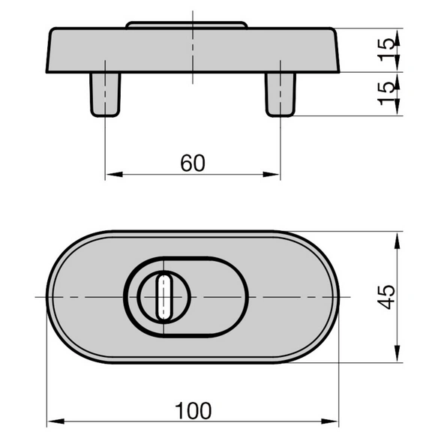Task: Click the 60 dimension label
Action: pyautogui.click(x=193, y=163)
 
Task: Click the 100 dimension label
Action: pyautogui.click(x=193, y=411)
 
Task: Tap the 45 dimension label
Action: pyautogui.click(x=386, y=297)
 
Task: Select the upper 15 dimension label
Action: pyautogui.click(x=386, y=50)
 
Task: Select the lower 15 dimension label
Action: pyautogui.click(x=386, y=94)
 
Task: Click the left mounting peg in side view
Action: pyautogui.click(x=105, y=94)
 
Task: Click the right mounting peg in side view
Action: pyautogui.click(x=280, y=94)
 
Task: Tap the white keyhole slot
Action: pyautogui.click(x=164, y=297)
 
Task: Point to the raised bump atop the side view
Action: pyautogui.click(x=187, y=25)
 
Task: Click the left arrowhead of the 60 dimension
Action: pyautogui.click(x=115, y=174)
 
